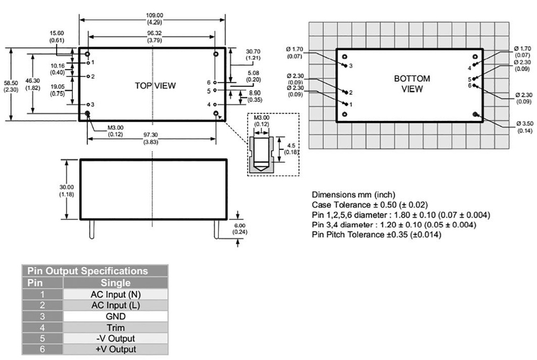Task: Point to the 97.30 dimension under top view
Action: (152, 138)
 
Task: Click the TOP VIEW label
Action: (155, 85)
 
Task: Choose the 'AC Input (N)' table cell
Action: (116, 294)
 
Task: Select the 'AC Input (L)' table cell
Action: (116, 306)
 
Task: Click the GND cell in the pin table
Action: (116, 317)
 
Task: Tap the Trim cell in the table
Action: (116, 328)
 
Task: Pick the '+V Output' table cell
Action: (116, 350)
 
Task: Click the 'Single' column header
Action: (116, 283)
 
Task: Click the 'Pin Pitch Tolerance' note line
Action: (377, 235)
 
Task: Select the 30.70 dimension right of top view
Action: (253, 54)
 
